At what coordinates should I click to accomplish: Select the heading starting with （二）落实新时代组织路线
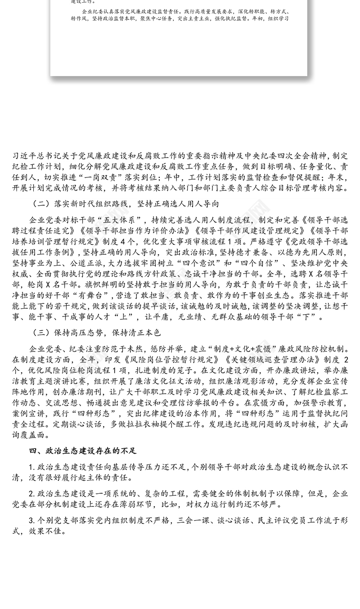click(x=126, y=203)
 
